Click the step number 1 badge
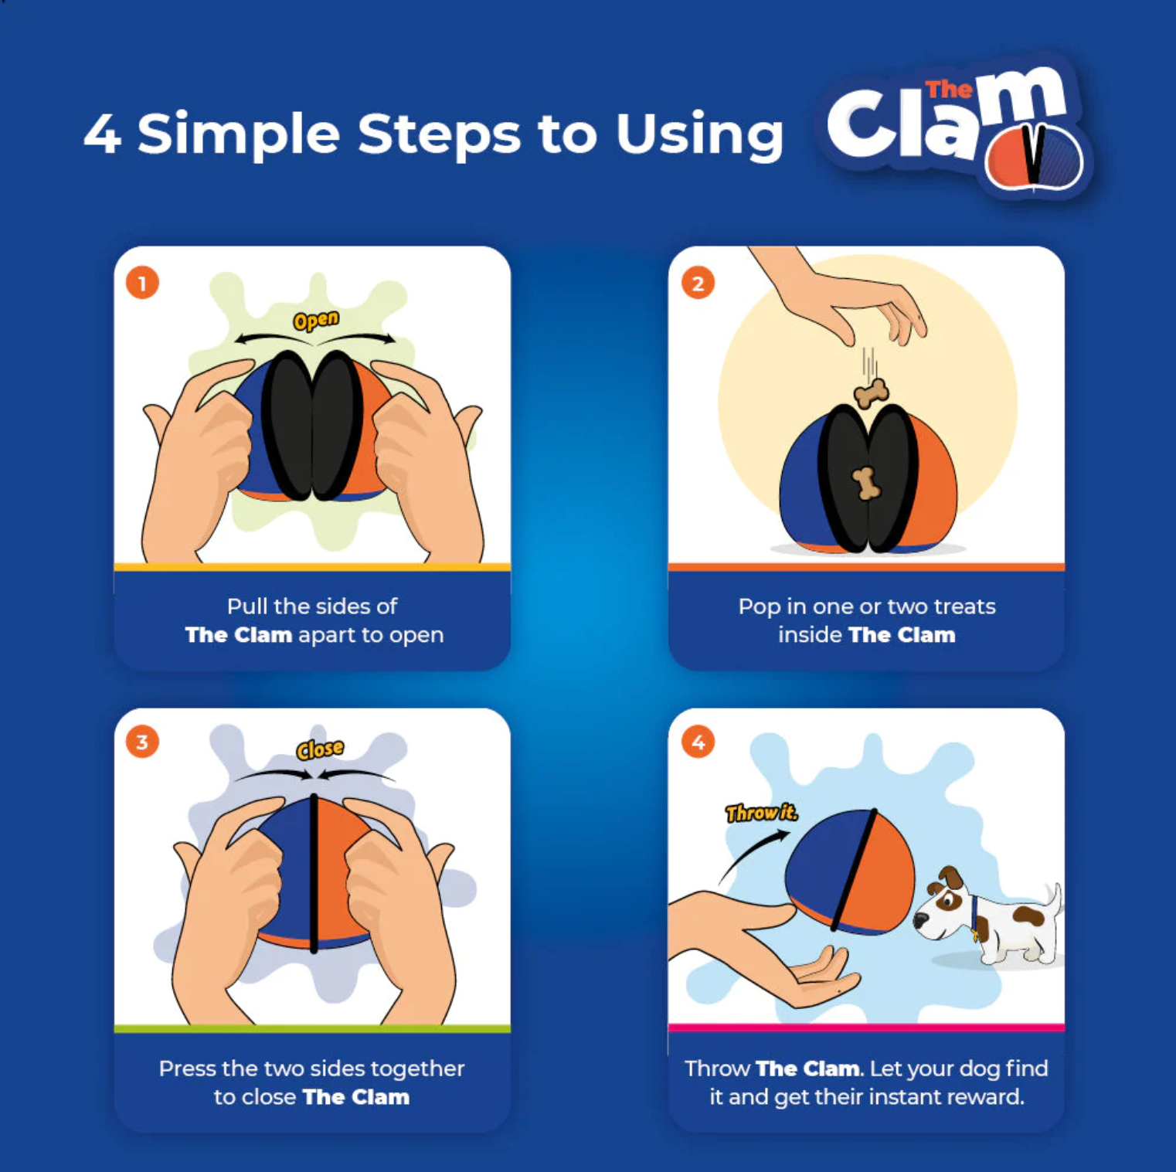click(142, 283)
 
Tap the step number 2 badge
click(698, 283)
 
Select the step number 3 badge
click(142, 742)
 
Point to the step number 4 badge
click(698, 742)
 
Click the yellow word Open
click(316, 320)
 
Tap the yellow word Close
click(320, 749)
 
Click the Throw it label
click(761, 812)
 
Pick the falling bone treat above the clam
click(871, 393)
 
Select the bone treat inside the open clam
click(866, 484)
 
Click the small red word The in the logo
click(948, 90)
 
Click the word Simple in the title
click(239, 134)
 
